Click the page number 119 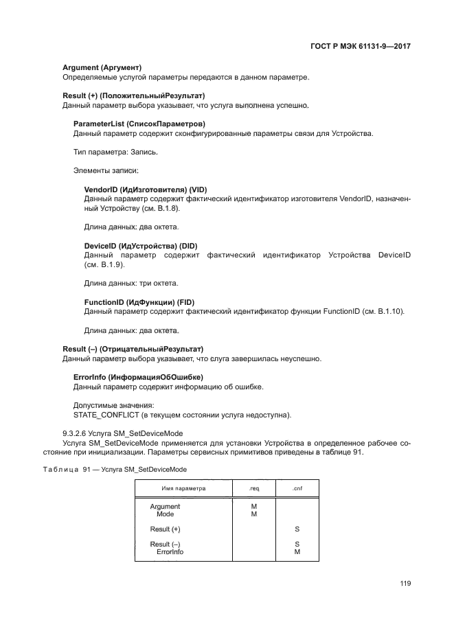(x=405, y=584)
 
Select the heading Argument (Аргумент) (x=102, y=68)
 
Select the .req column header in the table (x=253, y=489)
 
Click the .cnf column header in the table (x=297, y=489)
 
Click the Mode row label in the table (x=165, y=514)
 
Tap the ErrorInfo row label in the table (x=170, y=551)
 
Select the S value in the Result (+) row (x=297, y=529)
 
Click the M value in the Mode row (x=253, y=514)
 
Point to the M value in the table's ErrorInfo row (x=297, y=551)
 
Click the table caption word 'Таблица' (x=61, y=469)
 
